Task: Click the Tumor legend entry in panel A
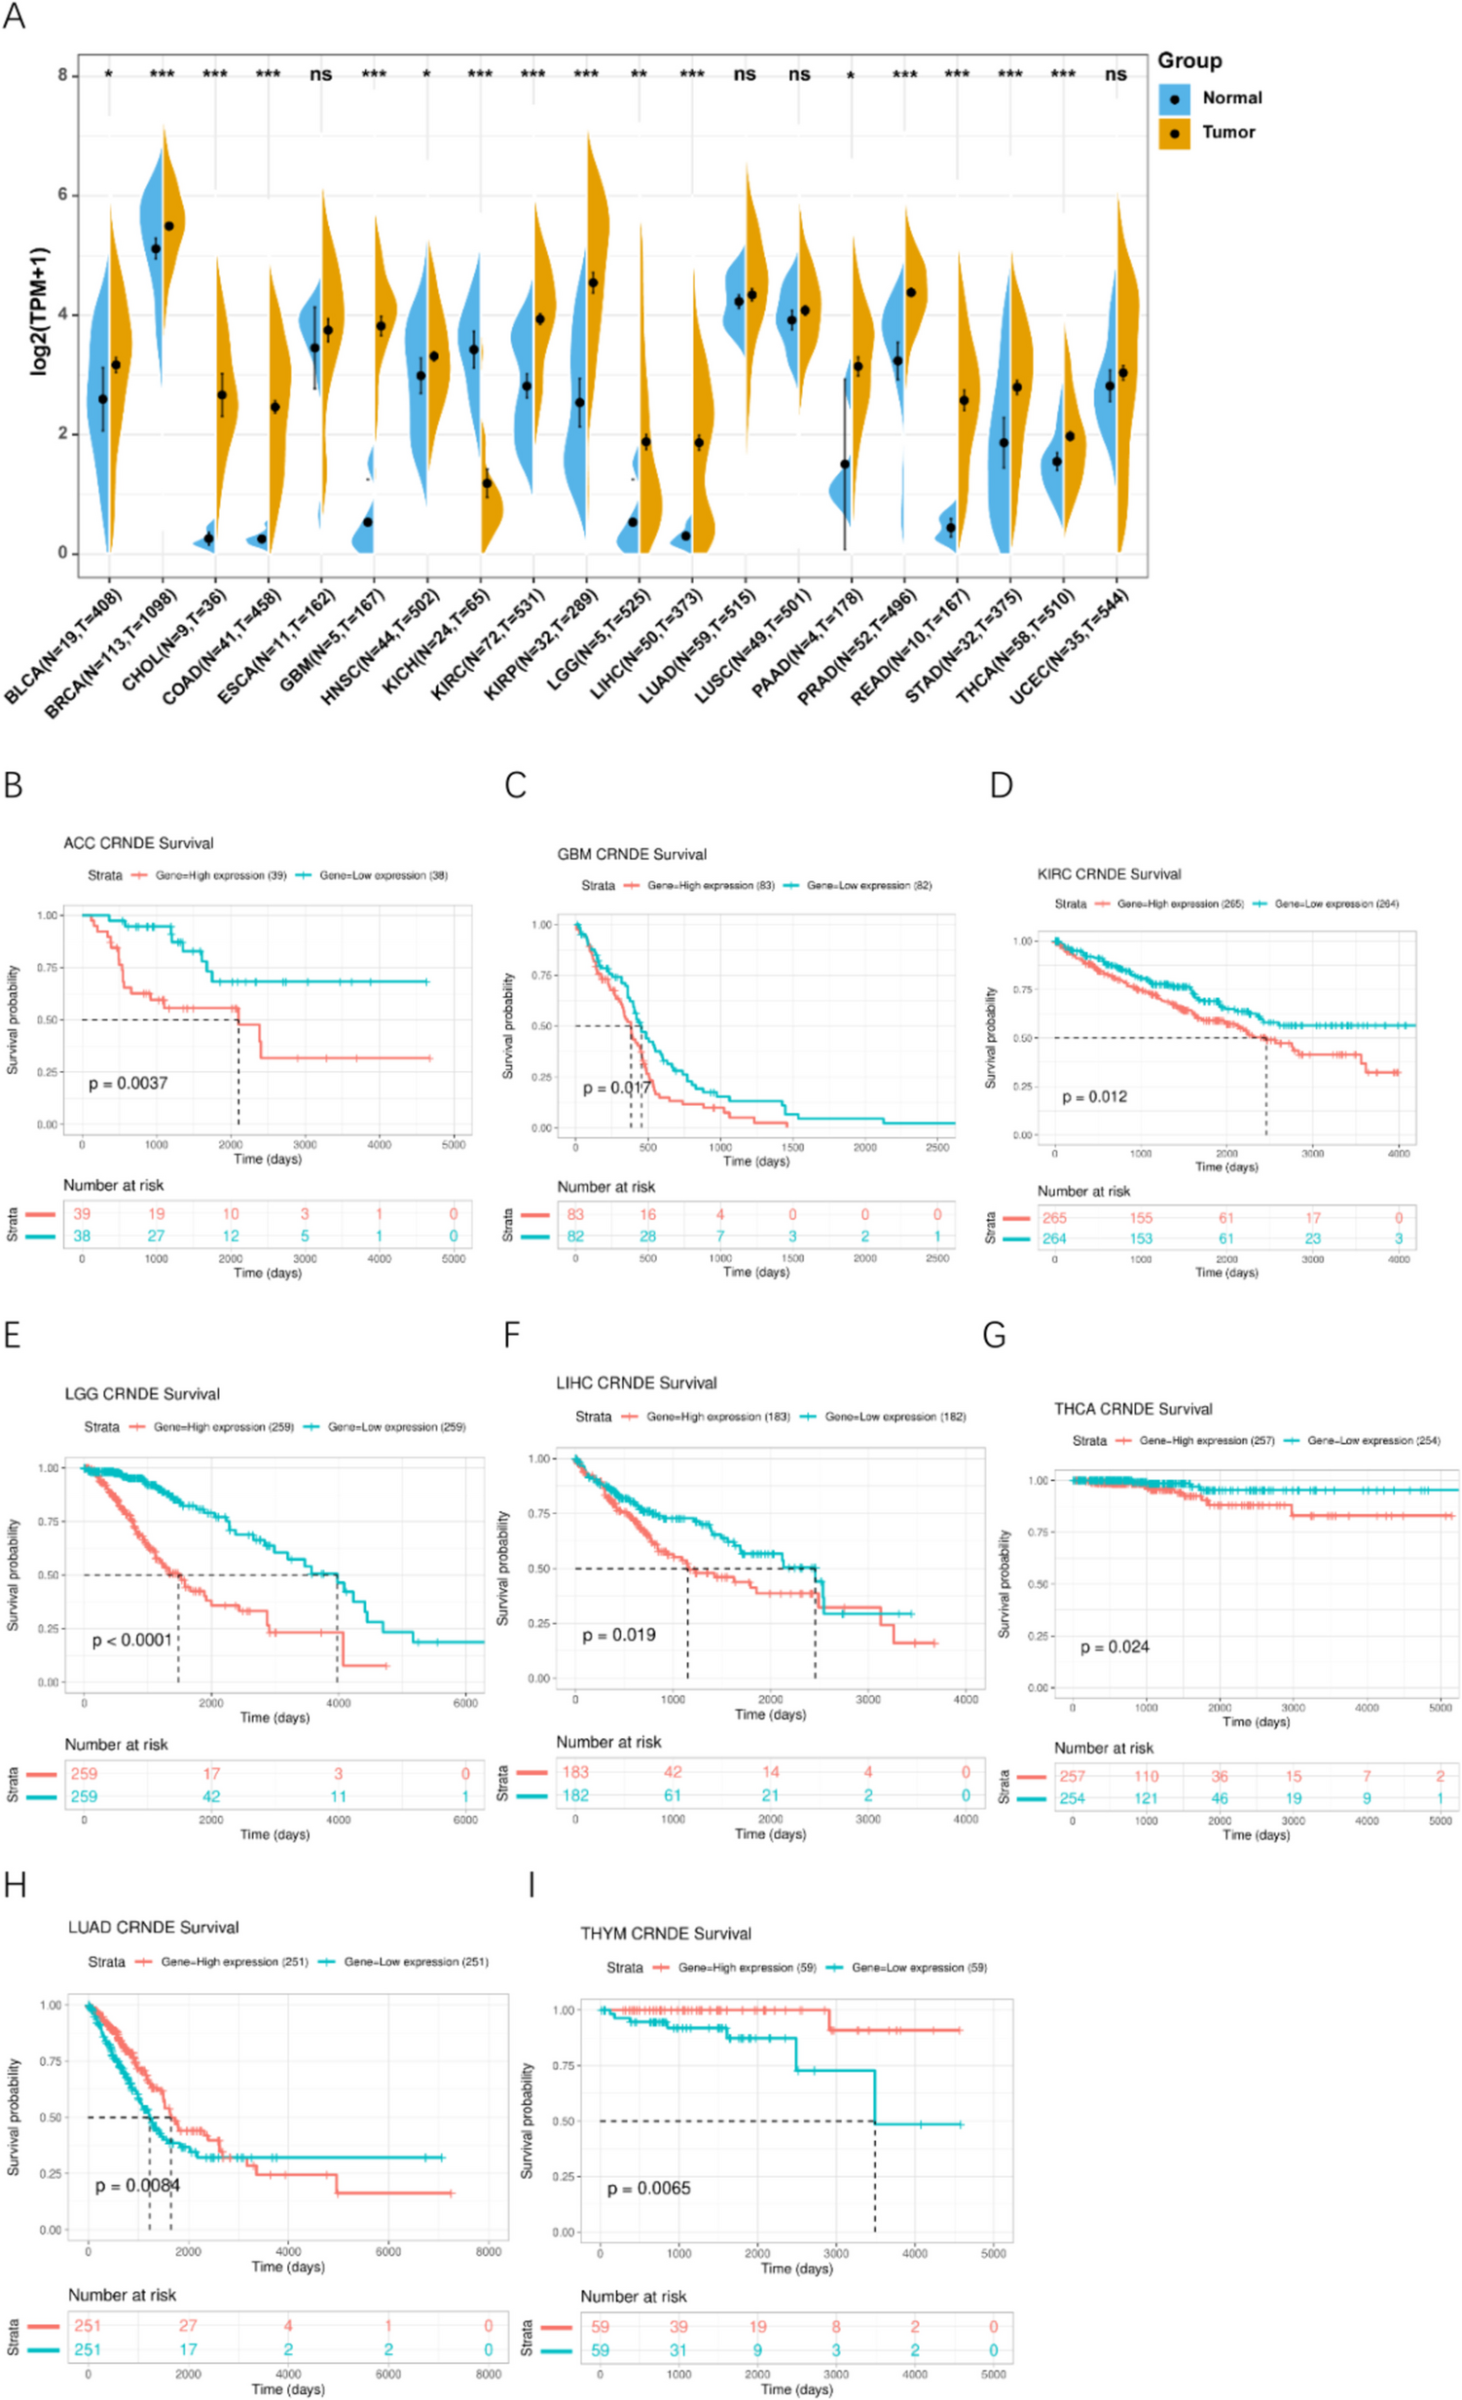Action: click(x=1227, y=132)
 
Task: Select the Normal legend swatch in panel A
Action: click(x=1174, y=98)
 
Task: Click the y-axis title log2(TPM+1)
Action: click(x=39, y=311)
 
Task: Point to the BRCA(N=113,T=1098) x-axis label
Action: click(x=110, y=654)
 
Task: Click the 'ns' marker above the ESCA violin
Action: click(x=320, y=74)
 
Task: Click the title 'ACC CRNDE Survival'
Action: click(x=138, y=843)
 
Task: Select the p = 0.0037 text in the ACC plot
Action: click(x=128, y=1083)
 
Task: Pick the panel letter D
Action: click(x=1001, y=785)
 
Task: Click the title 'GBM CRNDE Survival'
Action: click(x=631, y=854)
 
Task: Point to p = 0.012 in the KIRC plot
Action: click(x=1094, y=1096)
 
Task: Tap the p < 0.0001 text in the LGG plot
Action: click(x=131, y=1641)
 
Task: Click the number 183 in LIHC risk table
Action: click(x=575, y=1772)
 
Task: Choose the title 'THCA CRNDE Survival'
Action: click(x=1133, y=1409)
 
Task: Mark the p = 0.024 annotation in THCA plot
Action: click(x=1115, y=1647)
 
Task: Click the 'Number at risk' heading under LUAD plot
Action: click(x=122, y=2295)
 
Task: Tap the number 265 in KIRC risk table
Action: click(x=1054, y=1218)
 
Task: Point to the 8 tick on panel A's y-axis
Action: click(x=62, y=75)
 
